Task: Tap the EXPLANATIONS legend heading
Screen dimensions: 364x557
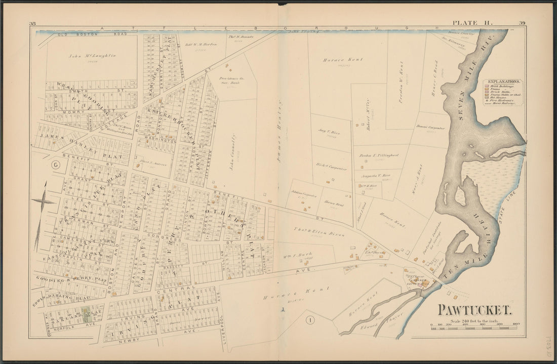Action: [503, 81]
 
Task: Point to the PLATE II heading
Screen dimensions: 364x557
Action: [469, 22]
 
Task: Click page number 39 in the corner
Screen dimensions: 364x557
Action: [522, 22]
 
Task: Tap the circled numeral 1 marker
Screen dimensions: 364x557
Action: [309, 319]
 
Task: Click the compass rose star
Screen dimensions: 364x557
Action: [43, 201]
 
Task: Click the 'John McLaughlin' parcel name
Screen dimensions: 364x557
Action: [89, 56]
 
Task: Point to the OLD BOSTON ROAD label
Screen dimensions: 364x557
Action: [76, 34]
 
